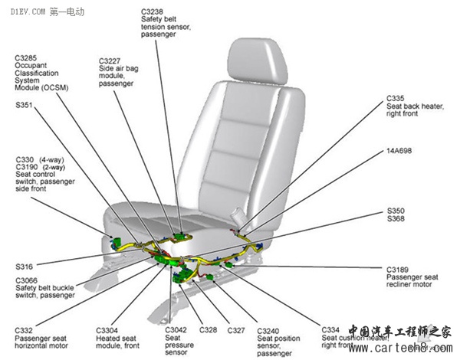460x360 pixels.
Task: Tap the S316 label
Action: pos(24,266)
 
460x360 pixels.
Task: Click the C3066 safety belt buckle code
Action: pos(28,280)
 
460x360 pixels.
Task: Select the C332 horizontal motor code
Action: pos(25,330)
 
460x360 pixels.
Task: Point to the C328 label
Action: pos(207,330)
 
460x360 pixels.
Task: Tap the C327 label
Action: pos(235,330)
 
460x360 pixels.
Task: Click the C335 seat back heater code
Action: pos(396,98)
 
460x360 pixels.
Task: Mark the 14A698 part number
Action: pos(400,151)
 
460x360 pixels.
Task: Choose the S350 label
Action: pos(395,210)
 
